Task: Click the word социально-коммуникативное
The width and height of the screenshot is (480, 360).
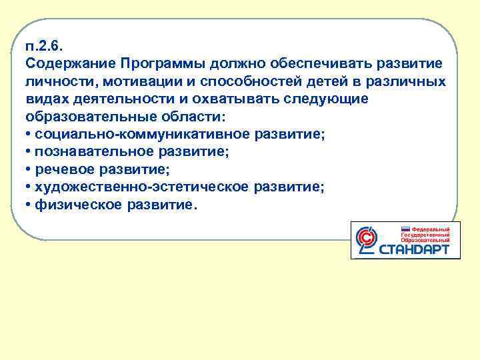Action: (126, 135)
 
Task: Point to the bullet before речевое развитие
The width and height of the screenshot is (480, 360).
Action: (29, 170)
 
